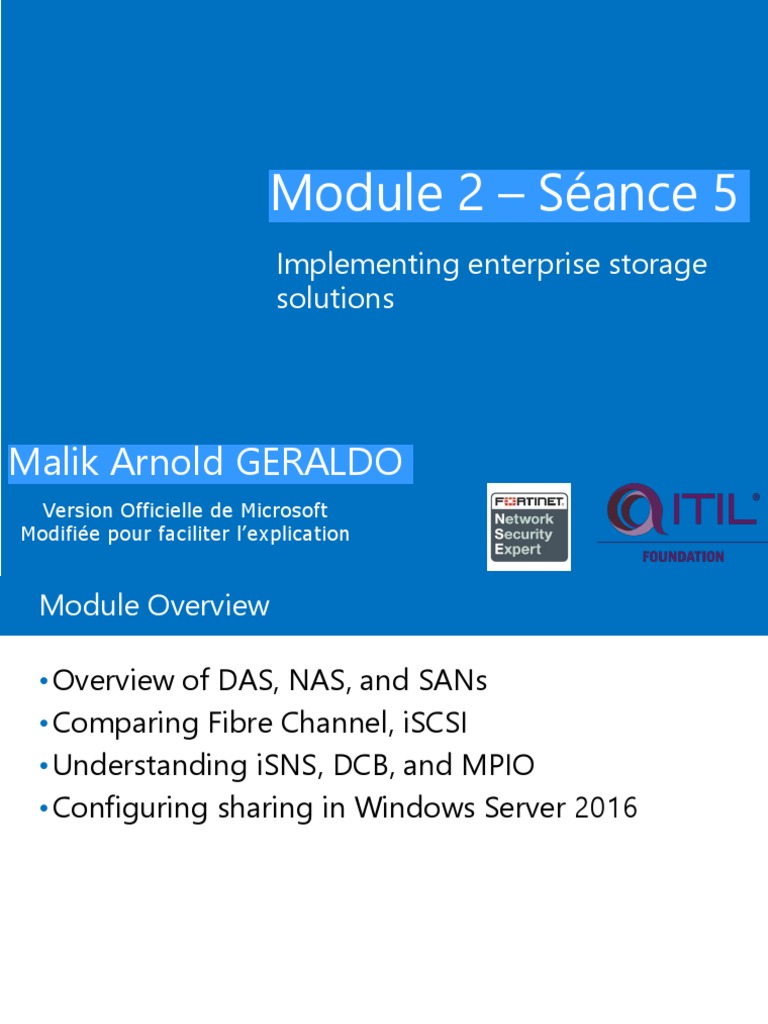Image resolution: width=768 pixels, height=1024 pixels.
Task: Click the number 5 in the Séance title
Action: [724, 194]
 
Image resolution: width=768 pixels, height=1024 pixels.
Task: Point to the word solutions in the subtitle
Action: [335, 298]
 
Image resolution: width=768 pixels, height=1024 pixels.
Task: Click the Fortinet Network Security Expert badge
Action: [528, 527]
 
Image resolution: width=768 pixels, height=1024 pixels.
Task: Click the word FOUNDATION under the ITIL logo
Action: [683, 556]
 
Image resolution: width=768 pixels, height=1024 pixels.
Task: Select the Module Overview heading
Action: [154, 605]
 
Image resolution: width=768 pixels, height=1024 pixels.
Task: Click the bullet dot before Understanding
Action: [44, 767]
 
